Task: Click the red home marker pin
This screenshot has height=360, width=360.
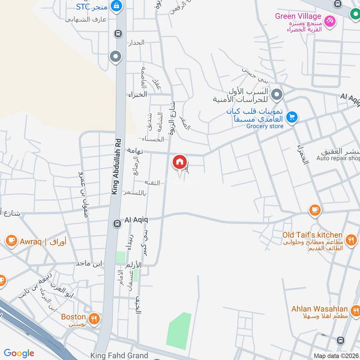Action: (179, 162)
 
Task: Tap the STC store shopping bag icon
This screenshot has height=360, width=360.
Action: (117, 6)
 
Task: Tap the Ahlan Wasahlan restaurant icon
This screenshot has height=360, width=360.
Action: (356, 310)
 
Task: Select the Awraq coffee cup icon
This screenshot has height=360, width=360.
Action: (11, 241)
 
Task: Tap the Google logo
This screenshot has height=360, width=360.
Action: (19, 353)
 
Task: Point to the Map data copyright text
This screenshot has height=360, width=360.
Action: (336, 356)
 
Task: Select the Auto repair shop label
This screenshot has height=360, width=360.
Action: (338, 158)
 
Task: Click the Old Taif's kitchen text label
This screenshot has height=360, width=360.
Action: (312, 235)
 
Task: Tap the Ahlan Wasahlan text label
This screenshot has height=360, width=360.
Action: (319, 309)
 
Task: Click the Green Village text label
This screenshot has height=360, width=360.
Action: (298, 17)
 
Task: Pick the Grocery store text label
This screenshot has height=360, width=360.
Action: (265, 126)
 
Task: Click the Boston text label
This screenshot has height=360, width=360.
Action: (73, 317)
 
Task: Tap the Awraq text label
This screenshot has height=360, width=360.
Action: (30, 241)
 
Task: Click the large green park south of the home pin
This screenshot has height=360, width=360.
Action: (179, 331)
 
